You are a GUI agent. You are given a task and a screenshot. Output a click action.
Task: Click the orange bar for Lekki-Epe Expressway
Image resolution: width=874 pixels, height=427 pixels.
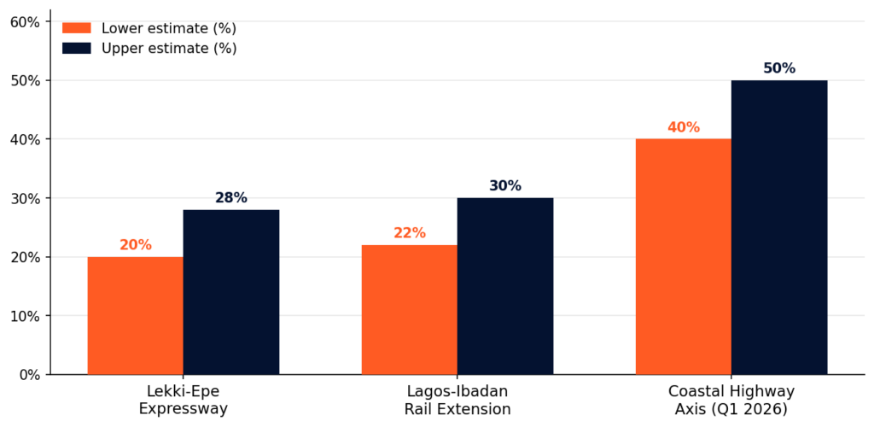[135, 315]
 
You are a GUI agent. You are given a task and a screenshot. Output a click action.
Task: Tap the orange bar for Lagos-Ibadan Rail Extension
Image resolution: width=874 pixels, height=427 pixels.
[409, 309]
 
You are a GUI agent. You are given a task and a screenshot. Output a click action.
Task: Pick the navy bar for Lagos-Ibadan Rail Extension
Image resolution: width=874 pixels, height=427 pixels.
[504, 286]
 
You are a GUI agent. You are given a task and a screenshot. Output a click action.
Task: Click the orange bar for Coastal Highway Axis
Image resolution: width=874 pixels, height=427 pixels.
[683, 256]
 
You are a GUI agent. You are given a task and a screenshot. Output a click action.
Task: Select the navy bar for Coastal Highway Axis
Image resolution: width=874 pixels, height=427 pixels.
[778, 227]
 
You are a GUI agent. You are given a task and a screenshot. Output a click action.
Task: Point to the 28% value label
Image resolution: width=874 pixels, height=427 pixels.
[230, 198]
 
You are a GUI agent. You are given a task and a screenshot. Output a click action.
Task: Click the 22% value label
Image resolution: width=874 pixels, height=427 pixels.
[409, 233]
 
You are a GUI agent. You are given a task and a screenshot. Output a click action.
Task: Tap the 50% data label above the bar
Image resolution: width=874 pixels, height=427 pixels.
[778, 68]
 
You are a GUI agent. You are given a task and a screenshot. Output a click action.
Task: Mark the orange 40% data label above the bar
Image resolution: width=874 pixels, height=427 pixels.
[683, 127]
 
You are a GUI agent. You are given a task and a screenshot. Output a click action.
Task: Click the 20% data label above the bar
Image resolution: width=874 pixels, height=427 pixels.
[135, 245]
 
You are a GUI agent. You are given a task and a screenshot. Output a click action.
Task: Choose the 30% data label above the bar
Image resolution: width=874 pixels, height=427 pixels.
[504, 186]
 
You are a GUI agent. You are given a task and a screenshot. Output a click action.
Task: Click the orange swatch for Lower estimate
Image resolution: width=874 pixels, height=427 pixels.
[76, 28]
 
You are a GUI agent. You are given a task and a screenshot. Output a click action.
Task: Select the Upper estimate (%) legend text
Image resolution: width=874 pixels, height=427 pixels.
[168, 49]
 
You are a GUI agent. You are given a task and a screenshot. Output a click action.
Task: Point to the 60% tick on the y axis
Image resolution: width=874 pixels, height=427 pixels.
[24, 22]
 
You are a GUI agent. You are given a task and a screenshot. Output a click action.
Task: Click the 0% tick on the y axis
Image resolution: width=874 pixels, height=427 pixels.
[28, 375]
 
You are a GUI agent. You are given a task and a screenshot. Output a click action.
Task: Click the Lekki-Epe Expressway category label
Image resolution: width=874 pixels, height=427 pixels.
[183, 400]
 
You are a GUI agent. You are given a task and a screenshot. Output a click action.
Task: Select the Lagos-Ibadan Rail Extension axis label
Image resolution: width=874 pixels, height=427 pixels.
[457, 400]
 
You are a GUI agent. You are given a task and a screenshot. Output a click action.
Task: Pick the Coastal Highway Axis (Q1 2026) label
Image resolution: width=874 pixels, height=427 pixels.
[731, 400]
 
